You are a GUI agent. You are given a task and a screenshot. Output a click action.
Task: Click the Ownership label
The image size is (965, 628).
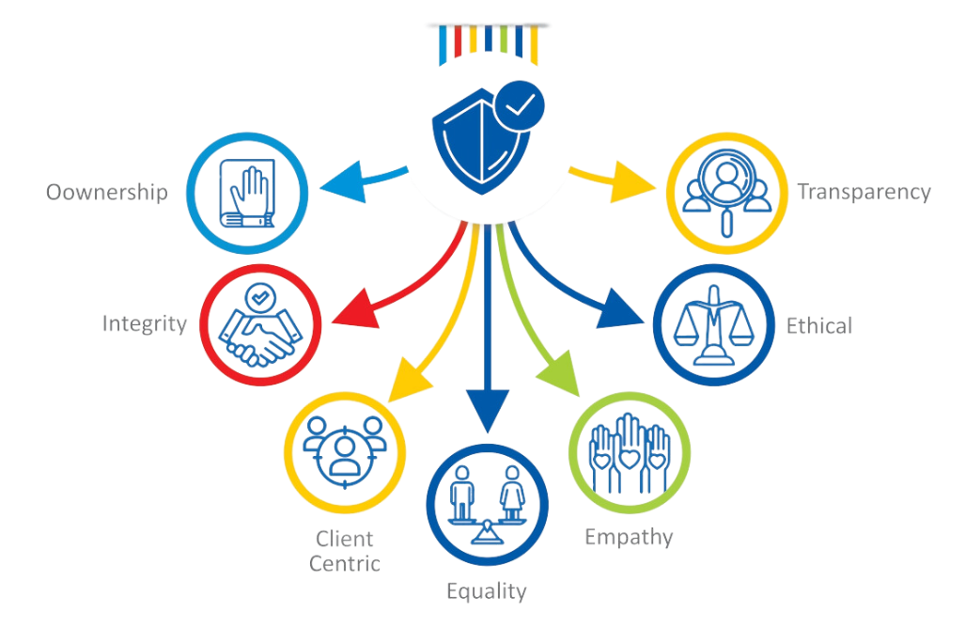[106, 193]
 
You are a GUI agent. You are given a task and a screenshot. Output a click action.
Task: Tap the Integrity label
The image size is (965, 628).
[146, 323]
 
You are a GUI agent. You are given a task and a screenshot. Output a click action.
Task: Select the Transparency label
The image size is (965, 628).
[863, 193]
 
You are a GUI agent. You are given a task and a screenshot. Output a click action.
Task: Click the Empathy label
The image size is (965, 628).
[629, 538]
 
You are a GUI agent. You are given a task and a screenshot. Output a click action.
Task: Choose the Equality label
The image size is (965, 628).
[487, 591]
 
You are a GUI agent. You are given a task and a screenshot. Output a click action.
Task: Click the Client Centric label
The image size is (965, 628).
[348, 551]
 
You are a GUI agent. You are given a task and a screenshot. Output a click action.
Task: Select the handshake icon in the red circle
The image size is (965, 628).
[259, 328]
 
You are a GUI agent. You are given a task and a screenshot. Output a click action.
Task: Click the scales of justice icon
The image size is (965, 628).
[714, 326]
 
